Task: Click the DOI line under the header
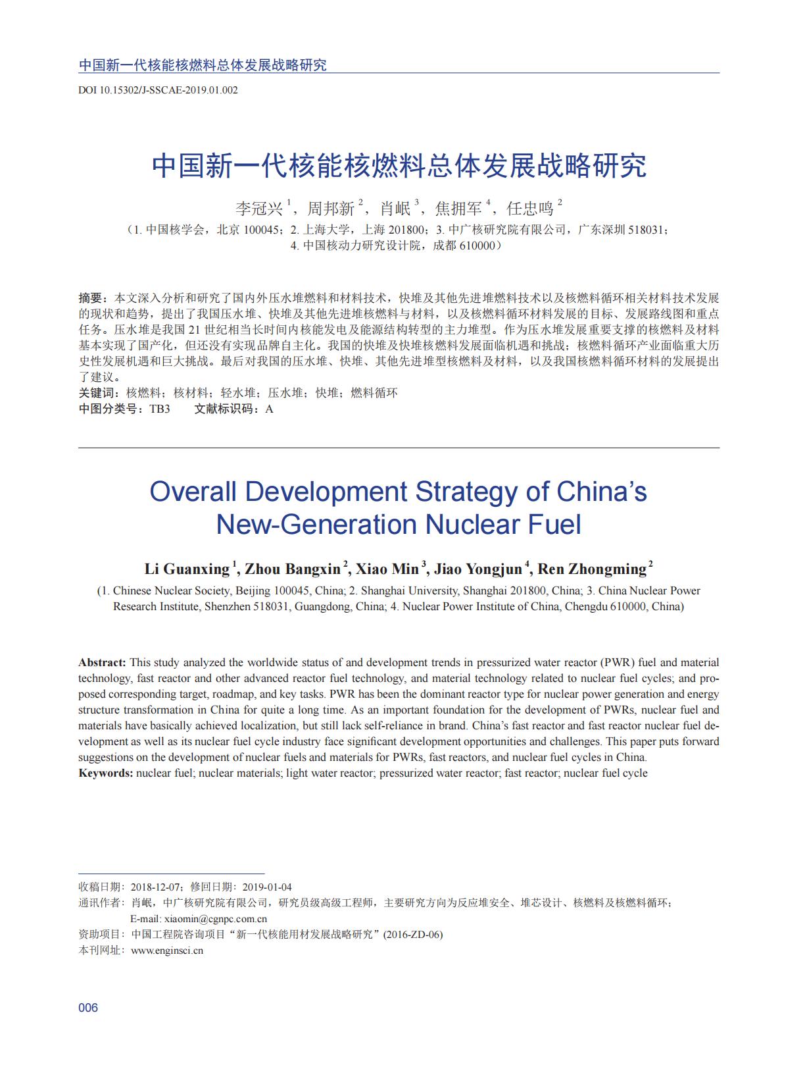click(158, 90)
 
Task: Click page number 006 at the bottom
click(88, 1008)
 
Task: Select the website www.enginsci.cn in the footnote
click(167, 950)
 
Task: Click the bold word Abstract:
click(102, 662)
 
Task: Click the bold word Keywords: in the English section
click(106, 773)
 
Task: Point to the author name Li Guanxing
click(187, 569)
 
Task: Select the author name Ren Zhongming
click(592, 569)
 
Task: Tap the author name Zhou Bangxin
click(293, 569)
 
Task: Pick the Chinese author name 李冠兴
click(259, 209)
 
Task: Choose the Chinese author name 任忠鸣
click(530, 209)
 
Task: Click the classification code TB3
click(159, 409)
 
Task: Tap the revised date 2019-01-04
click(267, 887)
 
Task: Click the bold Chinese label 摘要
click(90, 298)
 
